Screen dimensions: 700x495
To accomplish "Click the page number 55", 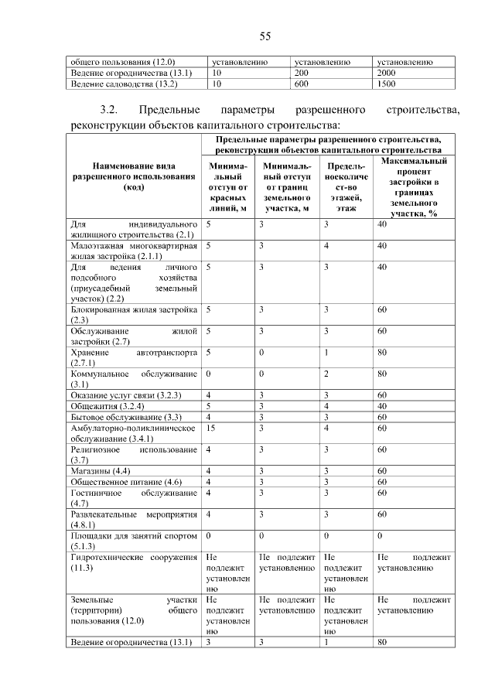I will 264,36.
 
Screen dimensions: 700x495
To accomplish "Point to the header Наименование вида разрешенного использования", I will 134,176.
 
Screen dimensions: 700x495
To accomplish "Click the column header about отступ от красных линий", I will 227,186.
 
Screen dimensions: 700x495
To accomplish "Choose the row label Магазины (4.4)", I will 101,471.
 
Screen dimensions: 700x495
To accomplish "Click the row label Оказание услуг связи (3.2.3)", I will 125,395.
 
